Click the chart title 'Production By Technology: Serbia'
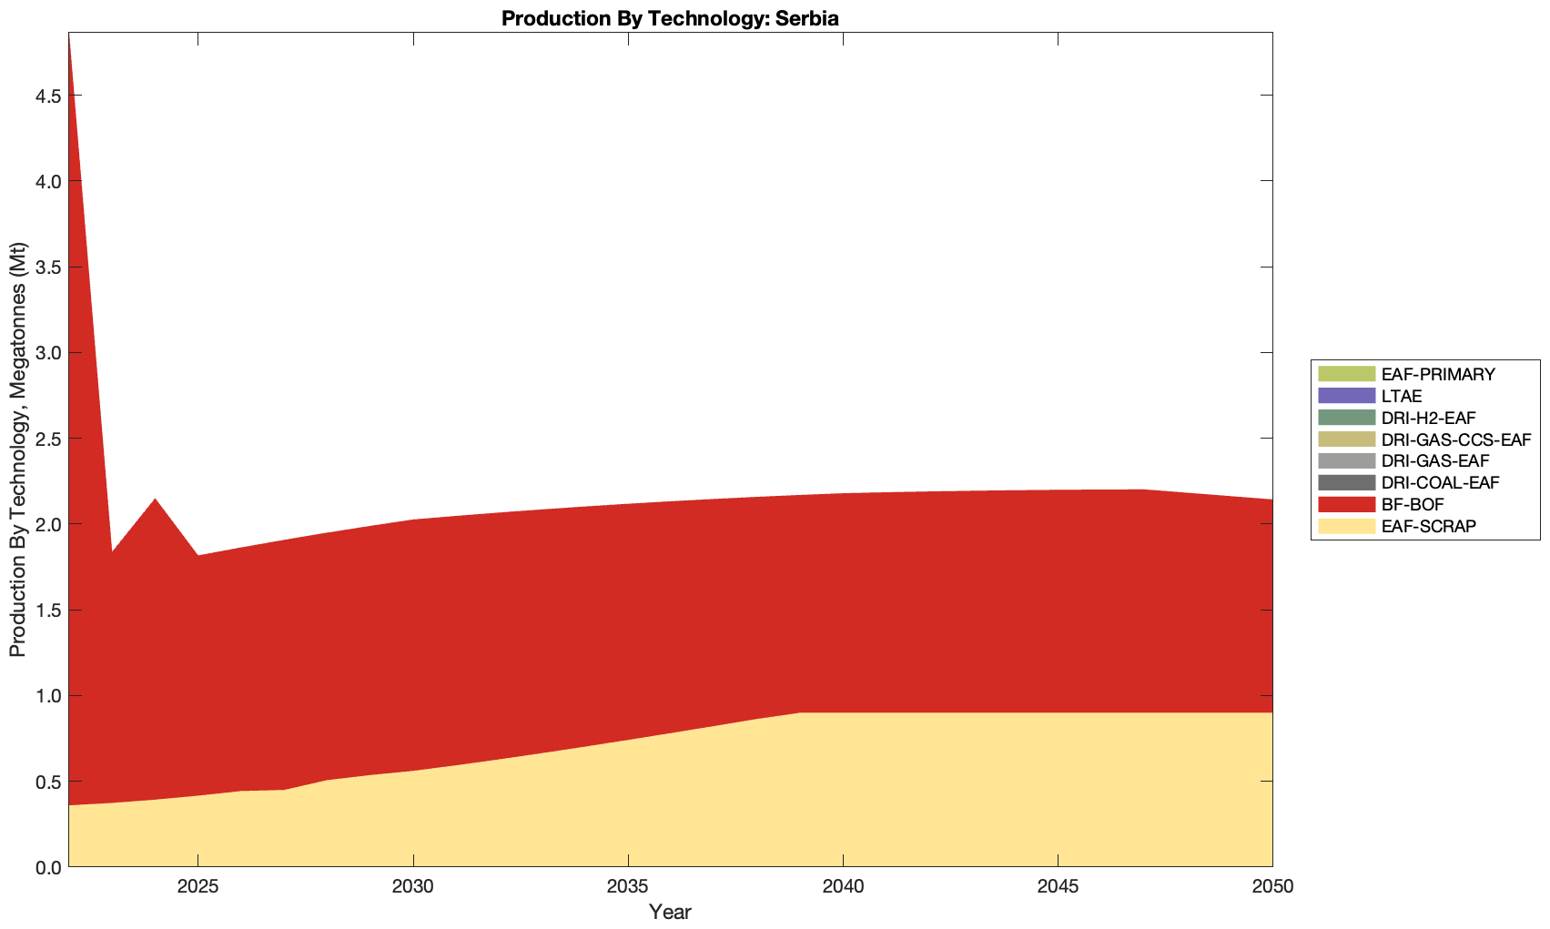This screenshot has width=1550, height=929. [670, 17]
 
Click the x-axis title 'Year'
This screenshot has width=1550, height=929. [670, 912]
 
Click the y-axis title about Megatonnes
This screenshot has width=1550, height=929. [18, 449]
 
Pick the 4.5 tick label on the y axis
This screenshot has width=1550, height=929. [47, 96]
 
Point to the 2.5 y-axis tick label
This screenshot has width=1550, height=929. [47, 439]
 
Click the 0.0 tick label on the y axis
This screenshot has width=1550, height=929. [47, 868]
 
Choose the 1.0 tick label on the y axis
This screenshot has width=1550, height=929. [47, 697]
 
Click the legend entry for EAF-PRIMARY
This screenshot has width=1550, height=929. [1437, 374]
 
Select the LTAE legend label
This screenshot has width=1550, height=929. [1401, 396]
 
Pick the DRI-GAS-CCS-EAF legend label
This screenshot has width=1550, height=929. [1454, 439]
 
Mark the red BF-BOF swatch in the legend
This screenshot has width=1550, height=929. [1344, 504]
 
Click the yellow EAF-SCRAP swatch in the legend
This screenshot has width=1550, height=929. [1344, 526]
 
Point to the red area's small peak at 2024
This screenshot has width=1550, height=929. [155, 500]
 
